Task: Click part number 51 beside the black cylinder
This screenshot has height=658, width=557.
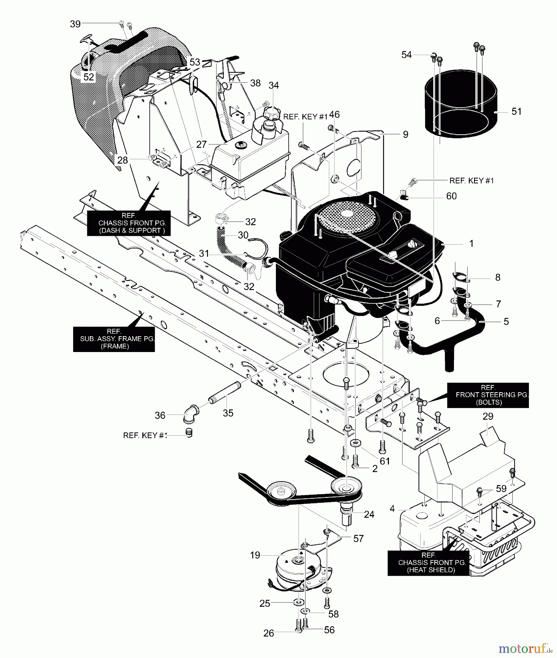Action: pyautogui.click(x=516, y=111)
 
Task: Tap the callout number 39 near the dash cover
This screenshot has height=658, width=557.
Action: pyautogui.click(x=75, y=24)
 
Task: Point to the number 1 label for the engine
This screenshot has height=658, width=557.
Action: pyautogui.click(x=471, y=243)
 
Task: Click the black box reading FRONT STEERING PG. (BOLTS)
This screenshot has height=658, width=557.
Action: pyautogui.click(x=488, y=395)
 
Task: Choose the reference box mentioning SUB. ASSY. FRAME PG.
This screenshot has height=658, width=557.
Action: pyautogui.click(x=114, y=339)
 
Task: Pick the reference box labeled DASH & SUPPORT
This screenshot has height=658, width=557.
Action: pyautogui.click(x=129, y=223)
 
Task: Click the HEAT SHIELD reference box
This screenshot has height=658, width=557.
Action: pyautogui.click(x=428, y=563)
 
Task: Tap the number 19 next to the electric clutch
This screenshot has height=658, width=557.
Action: pyautogui.click(x=255, y=555)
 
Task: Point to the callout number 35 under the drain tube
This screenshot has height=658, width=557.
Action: pyautogui.click(x=228, y=413)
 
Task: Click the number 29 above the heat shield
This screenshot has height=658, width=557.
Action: pyautogui.click(x=488, y=416)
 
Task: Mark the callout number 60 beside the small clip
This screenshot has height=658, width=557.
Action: pyautogui.click(x=451, y=196)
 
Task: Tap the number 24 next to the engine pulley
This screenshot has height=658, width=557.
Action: pyautogui.click(x=369, y=514)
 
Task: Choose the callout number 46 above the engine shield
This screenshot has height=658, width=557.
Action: pyautogui.click(x=334, y=114)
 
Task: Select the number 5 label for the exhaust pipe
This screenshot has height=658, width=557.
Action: pyautogui.click(x=506, y=321)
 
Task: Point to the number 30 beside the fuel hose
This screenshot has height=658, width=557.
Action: pyautogui.click(x=243, y=235)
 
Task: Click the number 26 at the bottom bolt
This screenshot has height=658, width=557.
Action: pyautogui.click(x=269, y=633)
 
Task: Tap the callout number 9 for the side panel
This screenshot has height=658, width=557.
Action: pyautogui.click(x=405, y=135)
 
